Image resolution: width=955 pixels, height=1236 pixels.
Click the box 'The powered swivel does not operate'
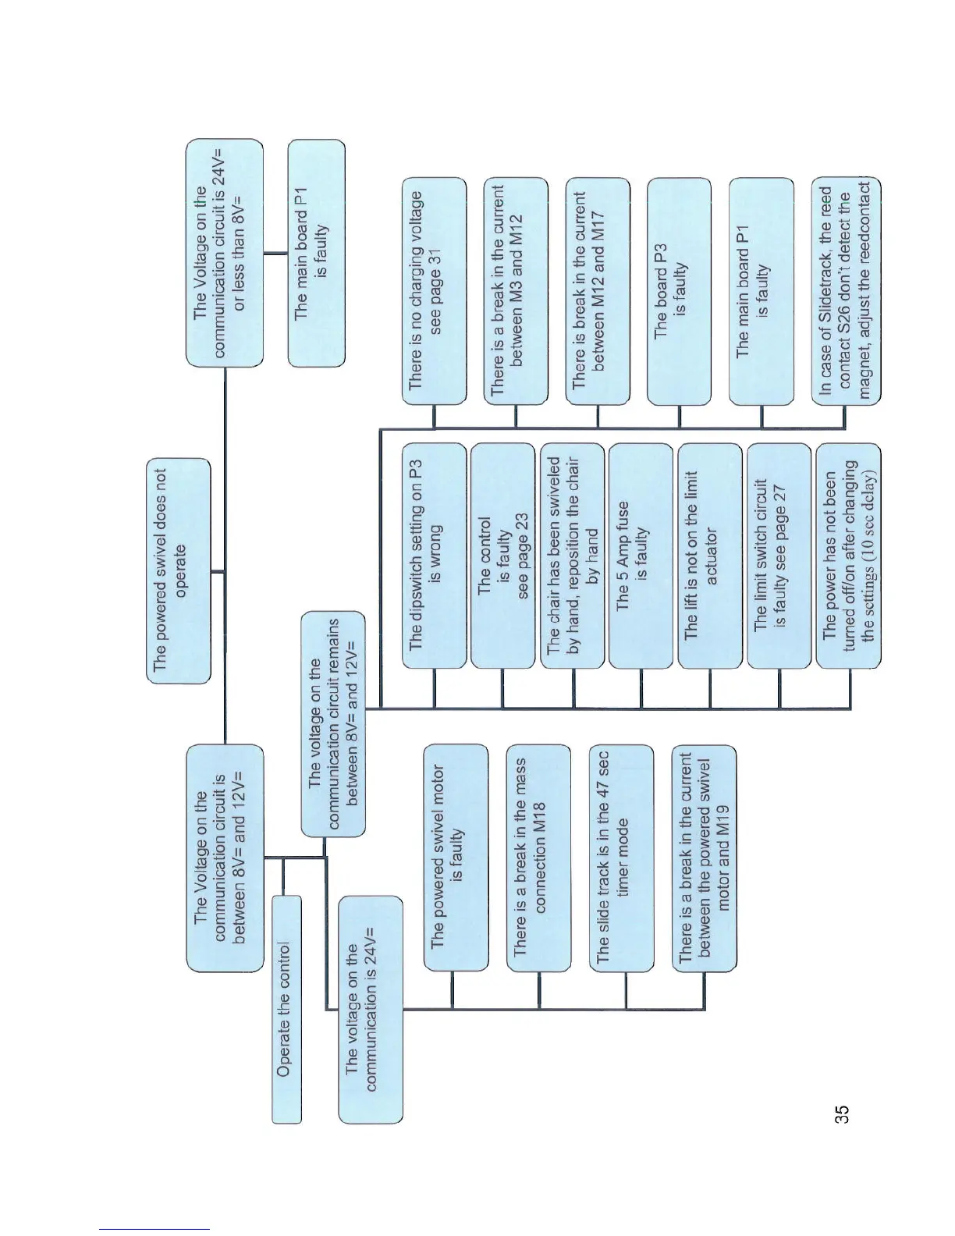pos(179,570)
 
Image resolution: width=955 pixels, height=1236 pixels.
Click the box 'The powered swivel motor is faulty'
pos(456,858)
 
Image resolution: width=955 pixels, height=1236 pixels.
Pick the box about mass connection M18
pos(538,858)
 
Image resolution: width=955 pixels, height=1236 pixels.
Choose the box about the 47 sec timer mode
pos(620,858)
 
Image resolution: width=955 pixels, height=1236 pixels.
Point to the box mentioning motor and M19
pos(704,858)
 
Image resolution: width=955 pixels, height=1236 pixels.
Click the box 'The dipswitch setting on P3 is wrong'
pos(434,556)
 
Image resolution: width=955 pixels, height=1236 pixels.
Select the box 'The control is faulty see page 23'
pos(502,556)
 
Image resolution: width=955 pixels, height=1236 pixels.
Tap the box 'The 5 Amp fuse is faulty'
pos(640,556)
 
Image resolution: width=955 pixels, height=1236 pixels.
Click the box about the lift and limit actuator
pos(709,556)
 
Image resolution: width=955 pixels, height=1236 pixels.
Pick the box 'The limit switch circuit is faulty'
pos(778,556)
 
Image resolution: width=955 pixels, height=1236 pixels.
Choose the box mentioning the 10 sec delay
pos(847,556)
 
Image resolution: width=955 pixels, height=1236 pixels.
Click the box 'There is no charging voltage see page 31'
pos(434,291)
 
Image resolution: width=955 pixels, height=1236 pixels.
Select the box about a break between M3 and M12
pos(515,291)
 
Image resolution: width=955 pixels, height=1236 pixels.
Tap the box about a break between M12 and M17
pos(597,291)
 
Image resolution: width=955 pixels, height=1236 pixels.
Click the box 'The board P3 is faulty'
pos(679,291)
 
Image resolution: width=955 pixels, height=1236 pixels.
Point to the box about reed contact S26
pos(847,291)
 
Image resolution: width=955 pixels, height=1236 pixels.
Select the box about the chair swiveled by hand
pos(572,556)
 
